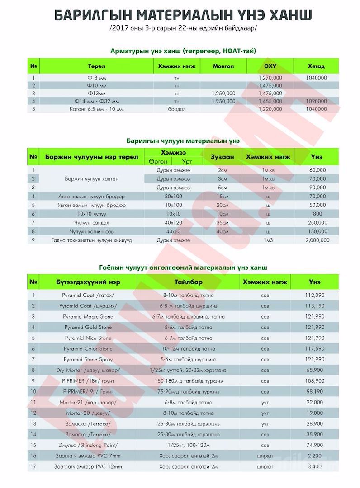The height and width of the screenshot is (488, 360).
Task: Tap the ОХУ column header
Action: tap(270, 66)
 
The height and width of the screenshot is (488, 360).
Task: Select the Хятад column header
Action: tap(316, 66)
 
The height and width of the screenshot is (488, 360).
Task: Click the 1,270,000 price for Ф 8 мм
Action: tap(270, 78)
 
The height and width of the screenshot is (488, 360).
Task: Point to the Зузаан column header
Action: tap(222, 157)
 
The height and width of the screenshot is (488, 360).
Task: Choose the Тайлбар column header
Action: tap(188, 282)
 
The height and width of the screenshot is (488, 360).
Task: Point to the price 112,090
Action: tap(315, 295)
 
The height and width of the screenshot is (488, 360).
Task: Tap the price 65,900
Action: tap(315, 370)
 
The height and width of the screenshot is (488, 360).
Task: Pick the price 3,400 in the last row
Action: tap(315, 466)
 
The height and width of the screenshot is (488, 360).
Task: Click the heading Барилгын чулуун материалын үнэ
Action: tap(183, 141)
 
